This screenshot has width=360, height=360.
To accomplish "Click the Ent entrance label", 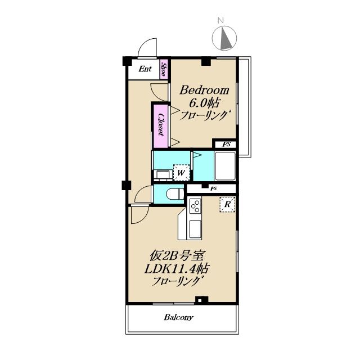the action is [145, 69].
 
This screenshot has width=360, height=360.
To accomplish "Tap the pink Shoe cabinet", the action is [164, 70].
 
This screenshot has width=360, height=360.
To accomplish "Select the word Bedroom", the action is [204, 90].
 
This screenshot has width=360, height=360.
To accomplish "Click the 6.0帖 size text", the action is [204, 103].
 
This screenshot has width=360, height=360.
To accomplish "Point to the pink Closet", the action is [161, 126].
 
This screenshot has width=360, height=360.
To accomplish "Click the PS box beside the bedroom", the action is [226, 145].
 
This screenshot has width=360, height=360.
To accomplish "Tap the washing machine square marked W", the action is [181, 173].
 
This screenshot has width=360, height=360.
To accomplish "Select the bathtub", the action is [225, 166].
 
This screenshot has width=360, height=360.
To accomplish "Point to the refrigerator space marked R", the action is [227, 204].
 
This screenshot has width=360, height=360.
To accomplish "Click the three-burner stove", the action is [195, 206].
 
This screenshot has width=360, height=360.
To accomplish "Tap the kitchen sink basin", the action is [195, 228].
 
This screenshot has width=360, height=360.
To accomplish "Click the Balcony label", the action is [179, 317].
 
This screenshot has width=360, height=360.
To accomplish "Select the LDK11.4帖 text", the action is [176, 269].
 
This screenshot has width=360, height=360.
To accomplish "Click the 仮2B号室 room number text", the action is [177, 255].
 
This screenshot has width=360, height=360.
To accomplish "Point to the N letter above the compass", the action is [220, 20].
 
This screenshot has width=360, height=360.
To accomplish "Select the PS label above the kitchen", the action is [214, 189].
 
